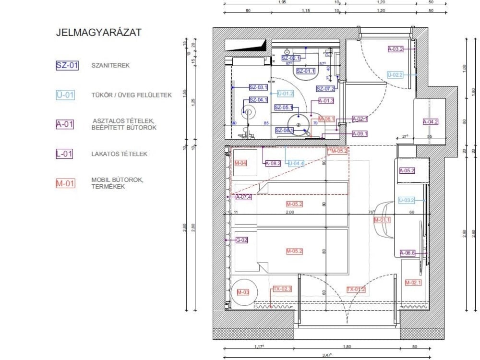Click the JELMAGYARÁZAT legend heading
click(x=99, y=33)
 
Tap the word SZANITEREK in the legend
click(x=110, y=66)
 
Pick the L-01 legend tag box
click(x=65, y=154)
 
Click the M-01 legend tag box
click(x=65, y=183)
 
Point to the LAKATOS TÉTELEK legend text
click(x=119, y=154)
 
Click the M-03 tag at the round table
click(x=243, y=292)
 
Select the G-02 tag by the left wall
click(x=241, y=240)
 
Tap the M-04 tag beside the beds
click(x=241, y=163)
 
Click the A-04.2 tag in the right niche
click(x=431, y=121)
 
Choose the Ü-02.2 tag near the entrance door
click(x=395, y=75)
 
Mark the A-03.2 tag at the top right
click(x=396, y=48)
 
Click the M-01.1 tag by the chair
click(x=383, y=220)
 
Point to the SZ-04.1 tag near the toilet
click(x=258, y=100)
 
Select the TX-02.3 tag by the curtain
click(x=282, y=289)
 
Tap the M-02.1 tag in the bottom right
click(x=413, y=283)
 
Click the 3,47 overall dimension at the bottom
click(x=327, y=355)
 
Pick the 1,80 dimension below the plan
click(x=347, y=346)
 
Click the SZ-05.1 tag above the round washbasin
click(x=283, y=107)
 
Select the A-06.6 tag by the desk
click(x=407, y=252)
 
